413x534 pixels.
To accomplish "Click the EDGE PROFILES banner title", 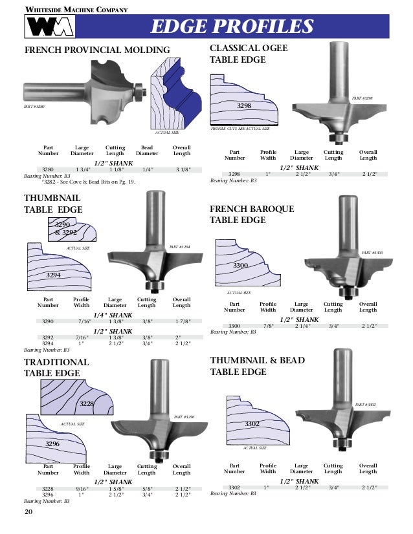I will click(232, 27).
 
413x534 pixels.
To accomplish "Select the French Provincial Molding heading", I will click(97, 50).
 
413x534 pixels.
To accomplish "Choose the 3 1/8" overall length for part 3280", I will click(181, 169).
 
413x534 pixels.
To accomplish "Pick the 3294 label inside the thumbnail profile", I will click(54, 275).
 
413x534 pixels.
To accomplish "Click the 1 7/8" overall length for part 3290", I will click(181, 321).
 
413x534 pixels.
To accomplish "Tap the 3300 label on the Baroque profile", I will click(241, 266).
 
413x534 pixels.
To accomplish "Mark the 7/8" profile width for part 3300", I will click(267, 326).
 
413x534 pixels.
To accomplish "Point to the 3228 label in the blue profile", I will click(86, 403).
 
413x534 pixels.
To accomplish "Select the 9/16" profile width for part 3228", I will click(82, 489).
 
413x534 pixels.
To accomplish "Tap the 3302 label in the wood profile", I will click(252, 423).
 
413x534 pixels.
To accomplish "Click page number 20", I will click(28, 512).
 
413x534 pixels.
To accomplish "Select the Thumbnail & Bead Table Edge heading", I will click(257, 366).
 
